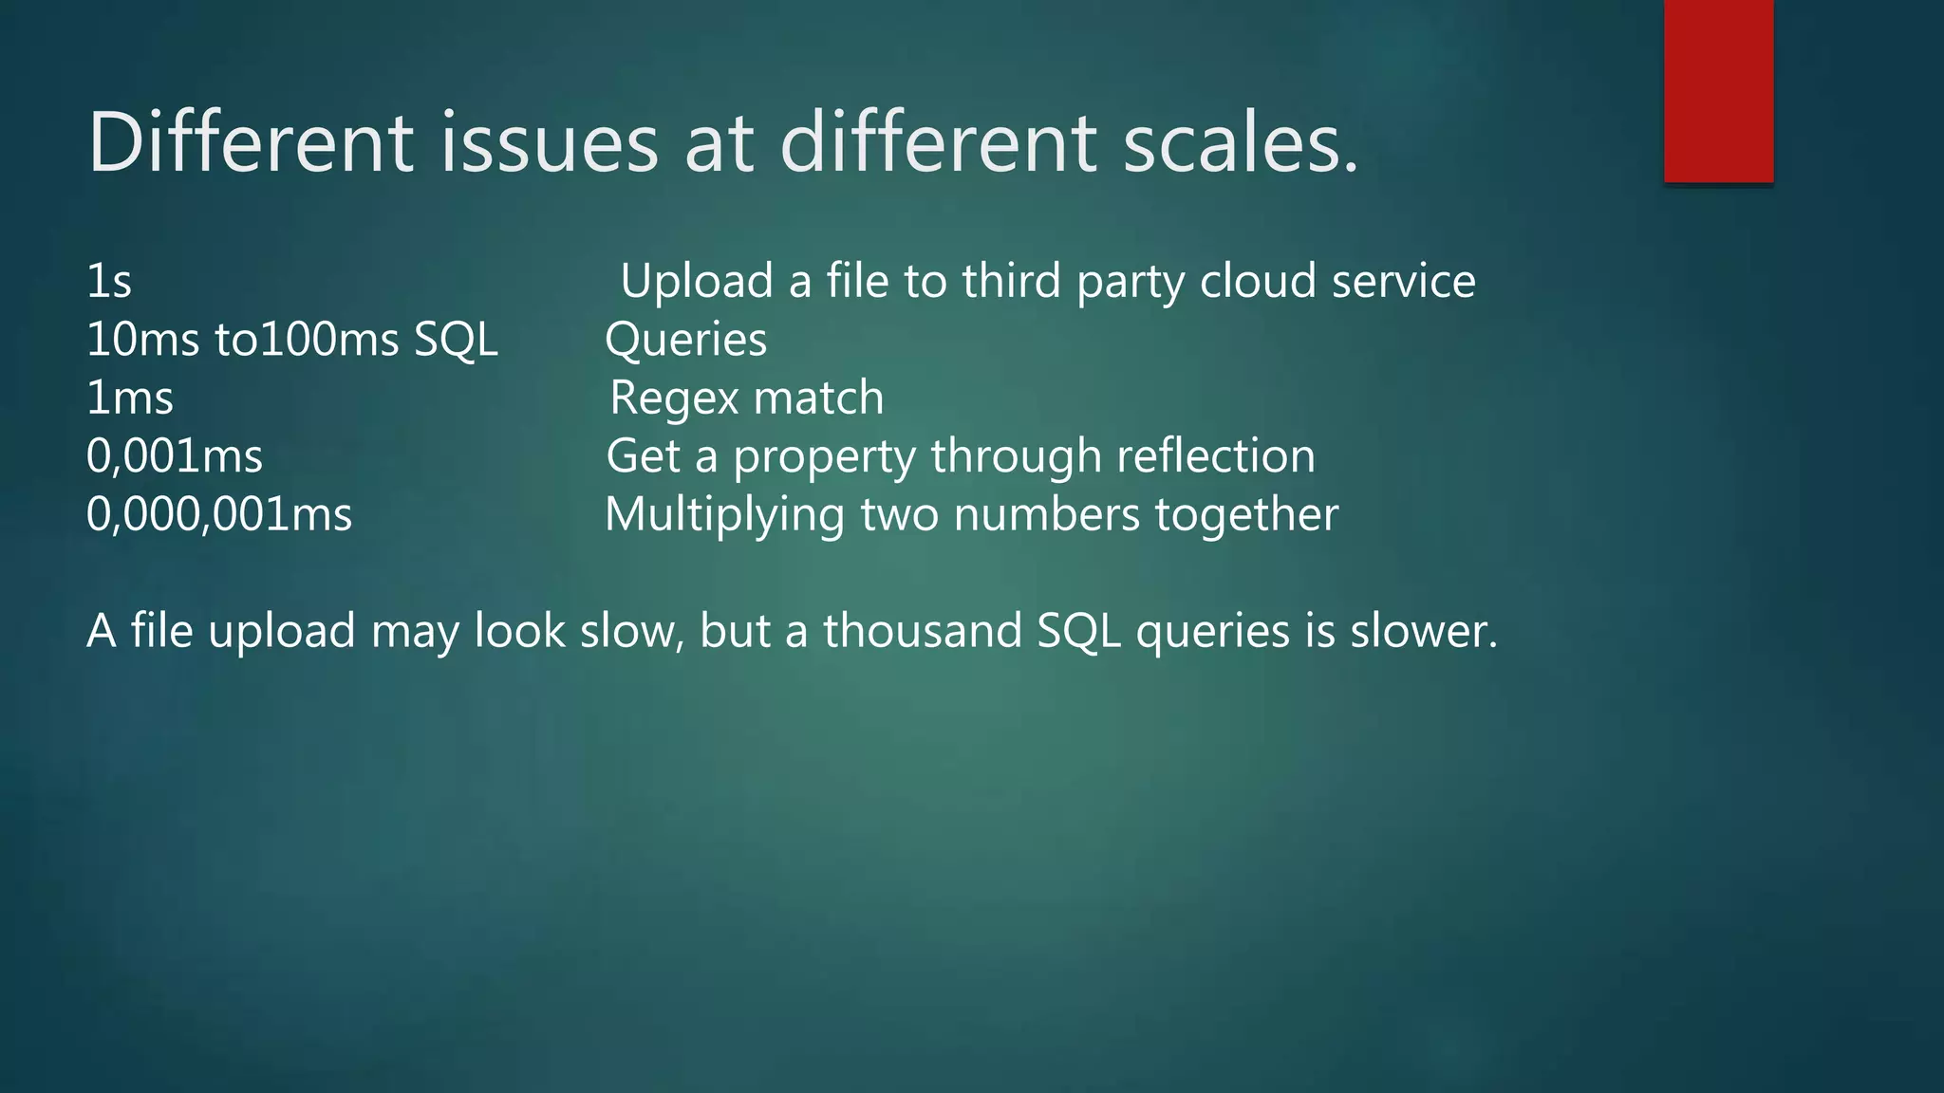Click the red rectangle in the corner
point(1718,91)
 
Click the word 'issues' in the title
point(549,142)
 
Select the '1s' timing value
point(109,282)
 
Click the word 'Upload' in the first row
point(697,282)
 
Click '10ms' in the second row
point(141,340)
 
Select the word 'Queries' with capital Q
point(685,341)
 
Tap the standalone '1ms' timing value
point(130,398)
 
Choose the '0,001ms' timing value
point(175,456)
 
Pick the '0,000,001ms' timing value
point(219,515)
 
